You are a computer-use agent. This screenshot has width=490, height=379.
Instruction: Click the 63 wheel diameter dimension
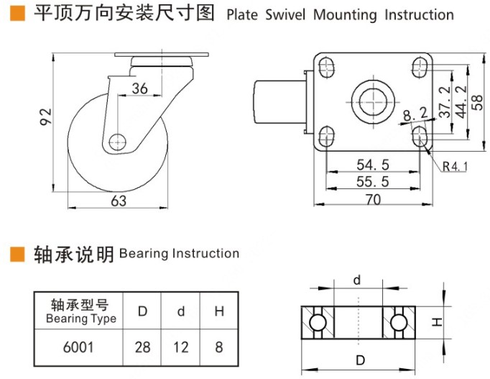tap(119, 201)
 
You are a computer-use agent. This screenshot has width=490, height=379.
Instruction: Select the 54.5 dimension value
tap(373, 165)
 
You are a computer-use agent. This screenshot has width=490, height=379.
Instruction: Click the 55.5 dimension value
tap(373, 182)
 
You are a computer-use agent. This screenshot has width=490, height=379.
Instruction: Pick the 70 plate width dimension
tap(373, 201)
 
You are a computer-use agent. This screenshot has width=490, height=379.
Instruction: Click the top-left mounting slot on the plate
tap(326, 68)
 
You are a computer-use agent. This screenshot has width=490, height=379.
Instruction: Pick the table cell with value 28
tap(142, 347)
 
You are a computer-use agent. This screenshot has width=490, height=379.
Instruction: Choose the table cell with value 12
tap(181, 347)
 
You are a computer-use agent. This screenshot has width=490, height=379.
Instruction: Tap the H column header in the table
tap(218, 311)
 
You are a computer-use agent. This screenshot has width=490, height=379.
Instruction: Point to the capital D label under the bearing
tap(358, 359)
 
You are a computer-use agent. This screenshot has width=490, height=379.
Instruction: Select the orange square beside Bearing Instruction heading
tap(16, 254)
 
